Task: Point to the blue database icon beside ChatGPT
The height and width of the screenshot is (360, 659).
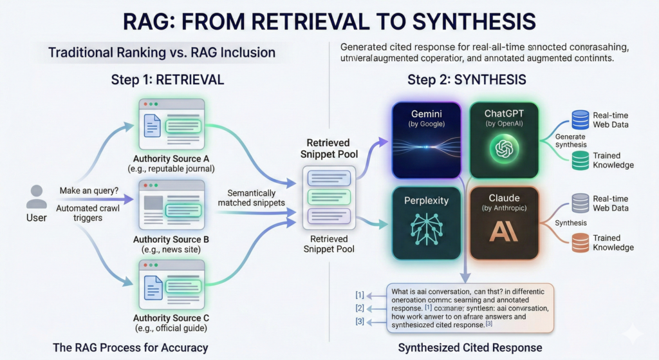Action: [x=580, y=119]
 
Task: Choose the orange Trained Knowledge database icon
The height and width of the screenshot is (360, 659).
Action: [x=580, y=243]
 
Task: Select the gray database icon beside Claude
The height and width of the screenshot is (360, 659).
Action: [x=580, y=202]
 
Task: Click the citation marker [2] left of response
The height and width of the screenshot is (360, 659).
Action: [x=360, y=307]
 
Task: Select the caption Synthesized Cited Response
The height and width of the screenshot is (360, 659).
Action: [x=470, y=348]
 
